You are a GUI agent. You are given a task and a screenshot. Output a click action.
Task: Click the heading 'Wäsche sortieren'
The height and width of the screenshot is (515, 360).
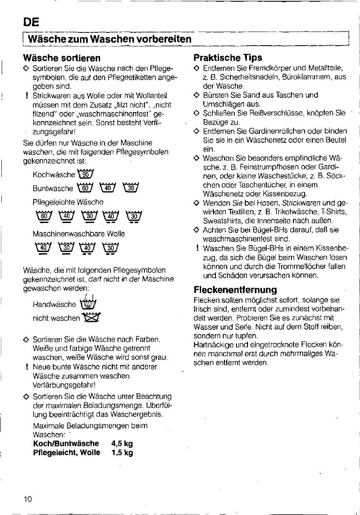62,58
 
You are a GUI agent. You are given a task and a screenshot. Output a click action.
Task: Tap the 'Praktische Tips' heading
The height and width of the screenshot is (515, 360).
228,58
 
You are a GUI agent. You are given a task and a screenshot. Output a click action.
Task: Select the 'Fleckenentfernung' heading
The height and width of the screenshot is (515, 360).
235,290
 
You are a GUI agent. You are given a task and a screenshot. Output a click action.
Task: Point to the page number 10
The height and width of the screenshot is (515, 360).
28,499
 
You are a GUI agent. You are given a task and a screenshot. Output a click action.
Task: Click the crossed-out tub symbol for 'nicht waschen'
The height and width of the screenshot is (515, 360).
92,317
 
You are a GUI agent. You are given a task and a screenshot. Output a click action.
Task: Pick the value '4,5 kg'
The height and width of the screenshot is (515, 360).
122,444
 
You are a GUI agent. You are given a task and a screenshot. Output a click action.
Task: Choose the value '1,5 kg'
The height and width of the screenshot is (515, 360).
122,453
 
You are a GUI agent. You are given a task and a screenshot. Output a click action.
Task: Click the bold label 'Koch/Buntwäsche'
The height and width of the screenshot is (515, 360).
66,444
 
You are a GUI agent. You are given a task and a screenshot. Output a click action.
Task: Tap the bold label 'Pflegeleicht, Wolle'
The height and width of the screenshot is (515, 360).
66,453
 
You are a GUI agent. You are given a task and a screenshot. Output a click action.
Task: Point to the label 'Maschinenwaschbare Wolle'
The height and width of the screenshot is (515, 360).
78,234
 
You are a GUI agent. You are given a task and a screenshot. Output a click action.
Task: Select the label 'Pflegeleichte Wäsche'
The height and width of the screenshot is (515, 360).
68,202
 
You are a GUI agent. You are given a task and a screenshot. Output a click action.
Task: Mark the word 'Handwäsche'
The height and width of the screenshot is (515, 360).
54,304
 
